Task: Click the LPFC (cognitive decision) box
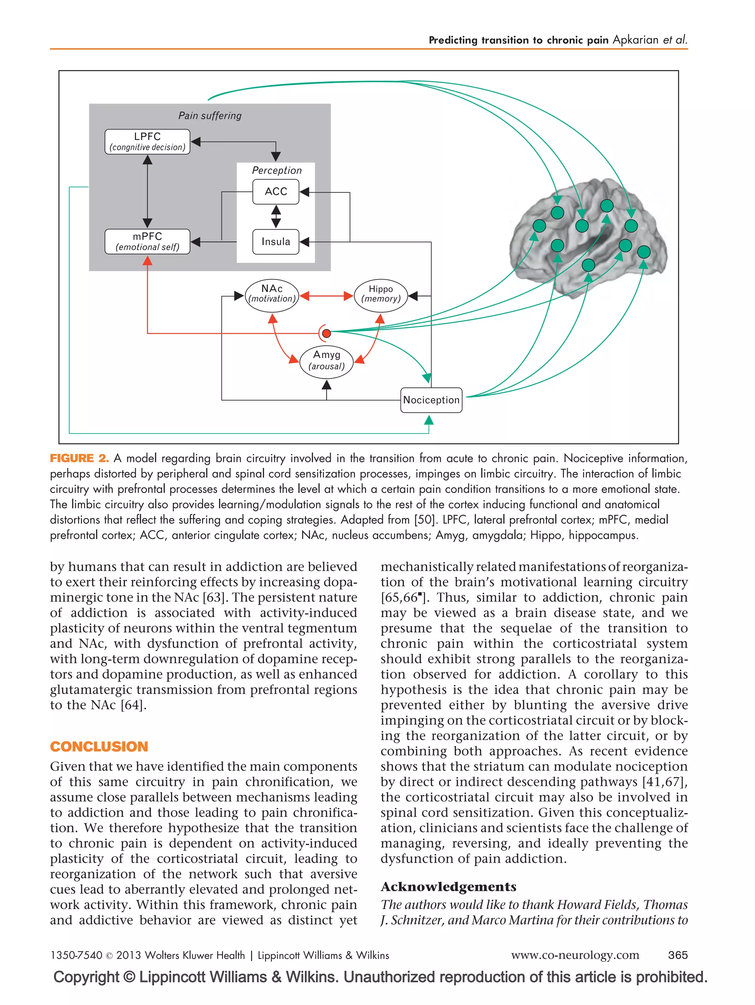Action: (147, 141)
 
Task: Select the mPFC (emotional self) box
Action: (147, 241)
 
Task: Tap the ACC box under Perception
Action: (275, 191)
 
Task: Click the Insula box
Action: (275, 242)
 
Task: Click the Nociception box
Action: (431, 400)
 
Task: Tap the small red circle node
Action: (326, 333)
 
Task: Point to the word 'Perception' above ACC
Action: (276, 170)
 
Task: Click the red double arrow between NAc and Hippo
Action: (326, 296)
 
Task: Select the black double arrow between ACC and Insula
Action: (276, 217)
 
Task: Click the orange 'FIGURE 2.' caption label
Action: (79, 458)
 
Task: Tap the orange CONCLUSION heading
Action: (99, 746)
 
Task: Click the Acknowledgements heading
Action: (448, 887)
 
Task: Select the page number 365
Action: (677, 955)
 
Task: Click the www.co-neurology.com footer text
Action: (575, 955)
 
